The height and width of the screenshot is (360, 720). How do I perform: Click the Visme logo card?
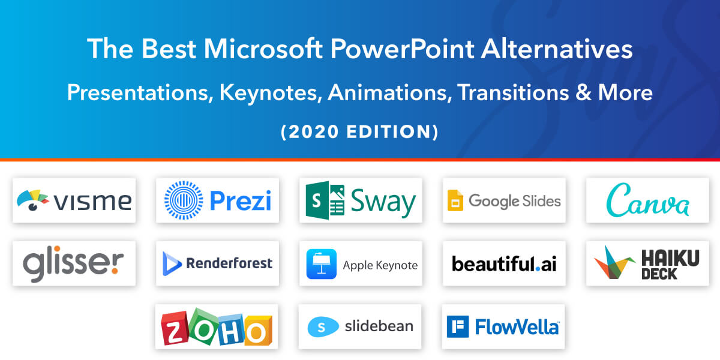[74, 200]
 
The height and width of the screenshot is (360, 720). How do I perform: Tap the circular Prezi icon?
[184, 200]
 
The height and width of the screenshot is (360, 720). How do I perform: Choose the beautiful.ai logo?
[503, 263]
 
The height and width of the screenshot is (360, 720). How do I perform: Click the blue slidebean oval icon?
[323, 326]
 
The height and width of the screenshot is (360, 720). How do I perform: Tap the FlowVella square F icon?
[458, 326]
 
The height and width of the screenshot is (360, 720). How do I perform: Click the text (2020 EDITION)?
[360, 132]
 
